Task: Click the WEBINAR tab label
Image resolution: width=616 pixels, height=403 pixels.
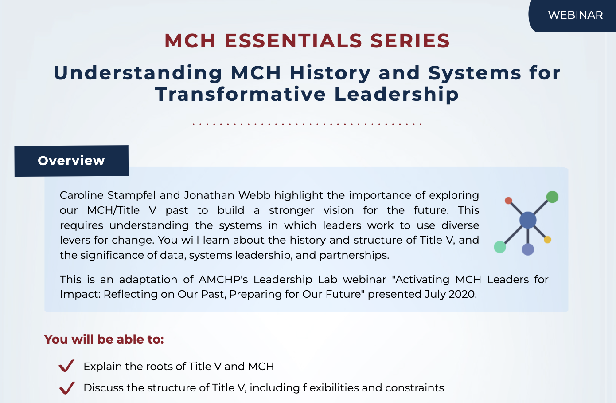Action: coord(575,15)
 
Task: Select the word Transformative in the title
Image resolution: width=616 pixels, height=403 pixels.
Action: coord(241,95)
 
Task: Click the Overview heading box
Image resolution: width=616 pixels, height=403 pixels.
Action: coord(71,161)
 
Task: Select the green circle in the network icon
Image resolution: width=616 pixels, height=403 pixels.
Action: coord(552,197)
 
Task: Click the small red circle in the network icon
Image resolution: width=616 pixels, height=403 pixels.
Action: coord(508,201)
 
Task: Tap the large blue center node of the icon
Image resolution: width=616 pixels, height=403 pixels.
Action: coord(527,220)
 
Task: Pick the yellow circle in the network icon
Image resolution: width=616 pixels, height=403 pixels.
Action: coord(547,240)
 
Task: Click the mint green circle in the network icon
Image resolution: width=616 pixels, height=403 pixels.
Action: coord(500,247)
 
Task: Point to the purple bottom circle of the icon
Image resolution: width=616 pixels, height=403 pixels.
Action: coord(528,249)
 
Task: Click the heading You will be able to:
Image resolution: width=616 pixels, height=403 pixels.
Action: coord(104,340)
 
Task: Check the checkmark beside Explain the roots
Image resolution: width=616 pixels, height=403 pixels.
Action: coord(66,366)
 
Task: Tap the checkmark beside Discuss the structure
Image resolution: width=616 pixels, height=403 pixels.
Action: coord(66,387)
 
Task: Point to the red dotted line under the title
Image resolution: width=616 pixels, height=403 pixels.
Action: coord(307,124)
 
